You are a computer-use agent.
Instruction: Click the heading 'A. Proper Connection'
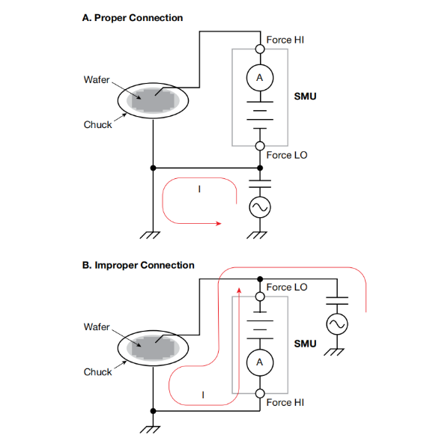(x=133, y=18)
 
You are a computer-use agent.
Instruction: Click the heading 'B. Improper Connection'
(x=138, y=265)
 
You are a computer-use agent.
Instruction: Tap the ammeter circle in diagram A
(x=260, y=78)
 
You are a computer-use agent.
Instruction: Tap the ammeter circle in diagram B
(x=260, y=362)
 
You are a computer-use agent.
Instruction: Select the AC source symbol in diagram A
(x=260, y=207)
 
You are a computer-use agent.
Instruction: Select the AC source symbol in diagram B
(x=337, y=324)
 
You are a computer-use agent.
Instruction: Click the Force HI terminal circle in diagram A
(x=260, y=49)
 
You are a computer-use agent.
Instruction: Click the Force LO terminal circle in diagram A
(x=260, y=146)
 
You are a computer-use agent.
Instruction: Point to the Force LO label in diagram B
(x=287, y=288)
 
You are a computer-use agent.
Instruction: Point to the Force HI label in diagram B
(x=285, y=403)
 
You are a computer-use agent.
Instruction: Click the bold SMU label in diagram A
(x=305, y=97)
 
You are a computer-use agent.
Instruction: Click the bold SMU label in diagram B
(x=305, y=344)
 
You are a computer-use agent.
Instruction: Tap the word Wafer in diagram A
(x=96, y=79)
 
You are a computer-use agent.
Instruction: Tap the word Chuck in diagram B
(x=97, y=372)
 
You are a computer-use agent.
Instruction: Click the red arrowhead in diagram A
(x=219, y=224)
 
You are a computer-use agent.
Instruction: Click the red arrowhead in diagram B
(x=239, y=291)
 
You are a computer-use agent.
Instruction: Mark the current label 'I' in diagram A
(x=199, y=189)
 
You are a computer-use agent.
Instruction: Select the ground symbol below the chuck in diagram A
(x=150, y=235)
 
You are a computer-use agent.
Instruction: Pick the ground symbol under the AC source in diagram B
(x=334, y=352)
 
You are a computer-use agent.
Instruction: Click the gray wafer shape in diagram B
(x=153, y=347)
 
